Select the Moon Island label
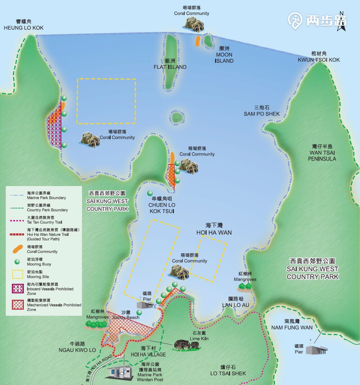click(224, 55)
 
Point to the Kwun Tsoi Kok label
click(319, 56)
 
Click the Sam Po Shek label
click(262, 111)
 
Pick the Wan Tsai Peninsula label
click(322, 153)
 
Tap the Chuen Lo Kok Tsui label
click(161, 205)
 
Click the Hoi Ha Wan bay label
click(214, 229)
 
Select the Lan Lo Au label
click(235, 302)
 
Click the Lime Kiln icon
click(186, 345)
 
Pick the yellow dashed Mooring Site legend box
click(17, 274)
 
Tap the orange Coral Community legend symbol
click(17, 249)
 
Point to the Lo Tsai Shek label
click(228, 370)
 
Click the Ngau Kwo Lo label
click(77, 346)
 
